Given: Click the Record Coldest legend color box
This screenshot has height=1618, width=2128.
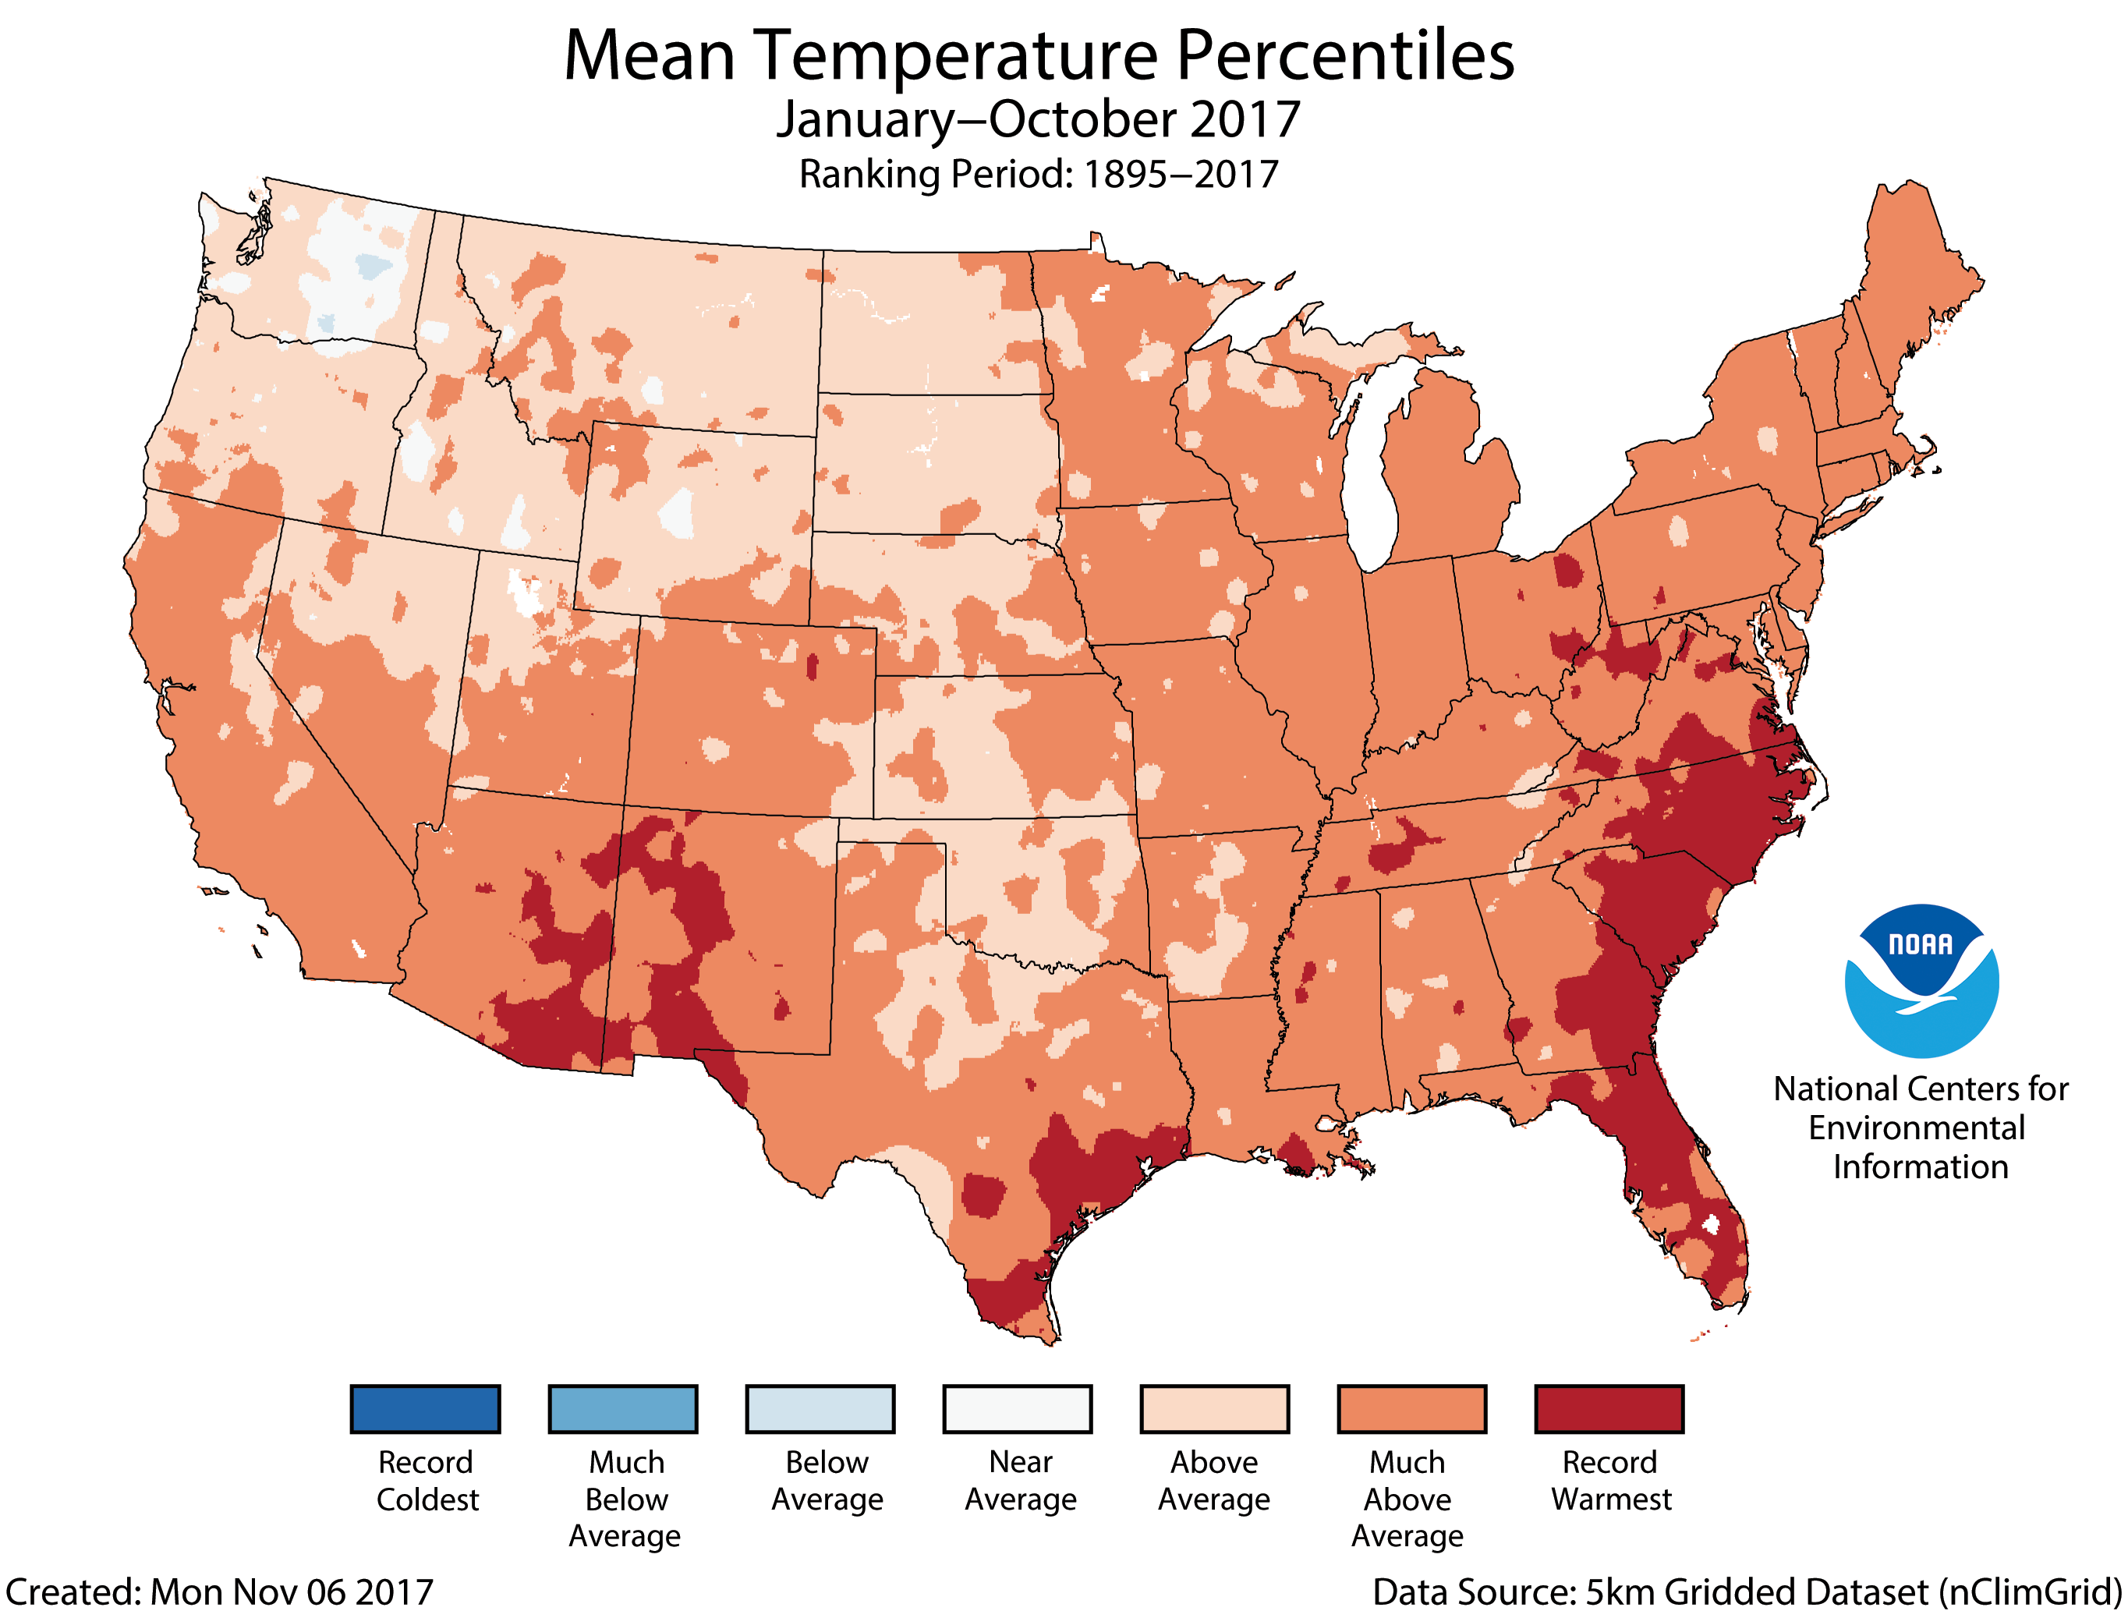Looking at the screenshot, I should (x=425, y=1409).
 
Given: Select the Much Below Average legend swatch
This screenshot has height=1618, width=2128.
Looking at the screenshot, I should (x=622, y=1409).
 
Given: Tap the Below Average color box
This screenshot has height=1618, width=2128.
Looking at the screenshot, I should (x=820, y=1409).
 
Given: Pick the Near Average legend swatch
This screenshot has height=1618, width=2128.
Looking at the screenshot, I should (x=1017, y=1409).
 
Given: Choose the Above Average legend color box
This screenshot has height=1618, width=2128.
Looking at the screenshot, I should (x=1214, y=1409).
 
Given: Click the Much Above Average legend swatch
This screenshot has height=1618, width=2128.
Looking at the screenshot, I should (x=1411, y=1409).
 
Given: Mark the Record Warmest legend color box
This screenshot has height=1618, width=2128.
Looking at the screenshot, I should (x=1609, y=1409).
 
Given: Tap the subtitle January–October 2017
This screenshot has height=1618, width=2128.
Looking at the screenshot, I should (x=1038, y=119).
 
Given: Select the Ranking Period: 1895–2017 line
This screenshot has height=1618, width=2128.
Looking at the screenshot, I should (x=1038, y=175).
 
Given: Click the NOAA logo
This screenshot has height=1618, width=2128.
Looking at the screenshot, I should (x=1921, y=980).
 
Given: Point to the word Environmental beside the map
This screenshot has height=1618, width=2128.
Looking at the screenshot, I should (x=1916, y=1128).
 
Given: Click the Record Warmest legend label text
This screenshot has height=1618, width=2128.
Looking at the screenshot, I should (x=1610, y=1480).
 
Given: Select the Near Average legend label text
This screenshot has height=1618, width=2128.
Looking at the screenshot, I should (x=1020, y=1480).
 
